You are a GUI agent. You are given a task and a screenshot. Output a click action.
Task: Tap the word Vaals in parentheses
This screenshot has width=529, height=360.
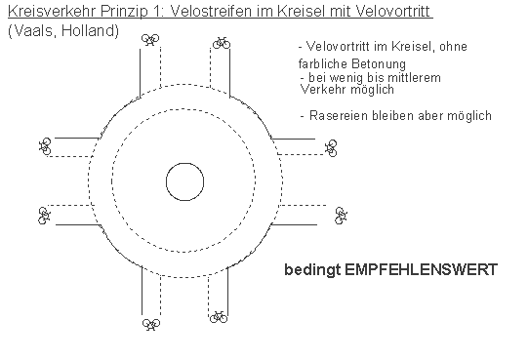click(29, 31)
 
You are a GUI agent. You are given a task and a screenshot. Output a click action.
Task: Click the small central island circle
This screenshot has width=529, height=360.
click(184, 181)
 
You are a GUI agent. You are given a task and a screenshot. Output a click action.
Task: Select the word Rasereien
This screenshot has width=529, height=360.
click(336, 116)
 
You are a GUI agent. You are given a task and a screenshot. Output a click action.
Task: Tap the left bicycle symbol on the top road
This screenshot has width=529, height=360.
click(149, 40)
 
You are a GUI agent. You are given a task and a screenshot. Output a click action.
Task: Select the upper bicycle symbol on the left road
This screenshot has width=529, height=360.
click(45, 146)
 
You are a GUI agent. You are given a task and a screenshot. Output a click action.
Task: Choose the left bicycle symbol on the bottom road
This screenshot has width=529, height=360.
click(149, 324)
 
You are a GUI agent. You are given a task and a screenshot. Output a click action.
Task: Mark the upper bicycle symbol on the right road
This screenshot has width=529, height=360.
click(331, 146)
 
